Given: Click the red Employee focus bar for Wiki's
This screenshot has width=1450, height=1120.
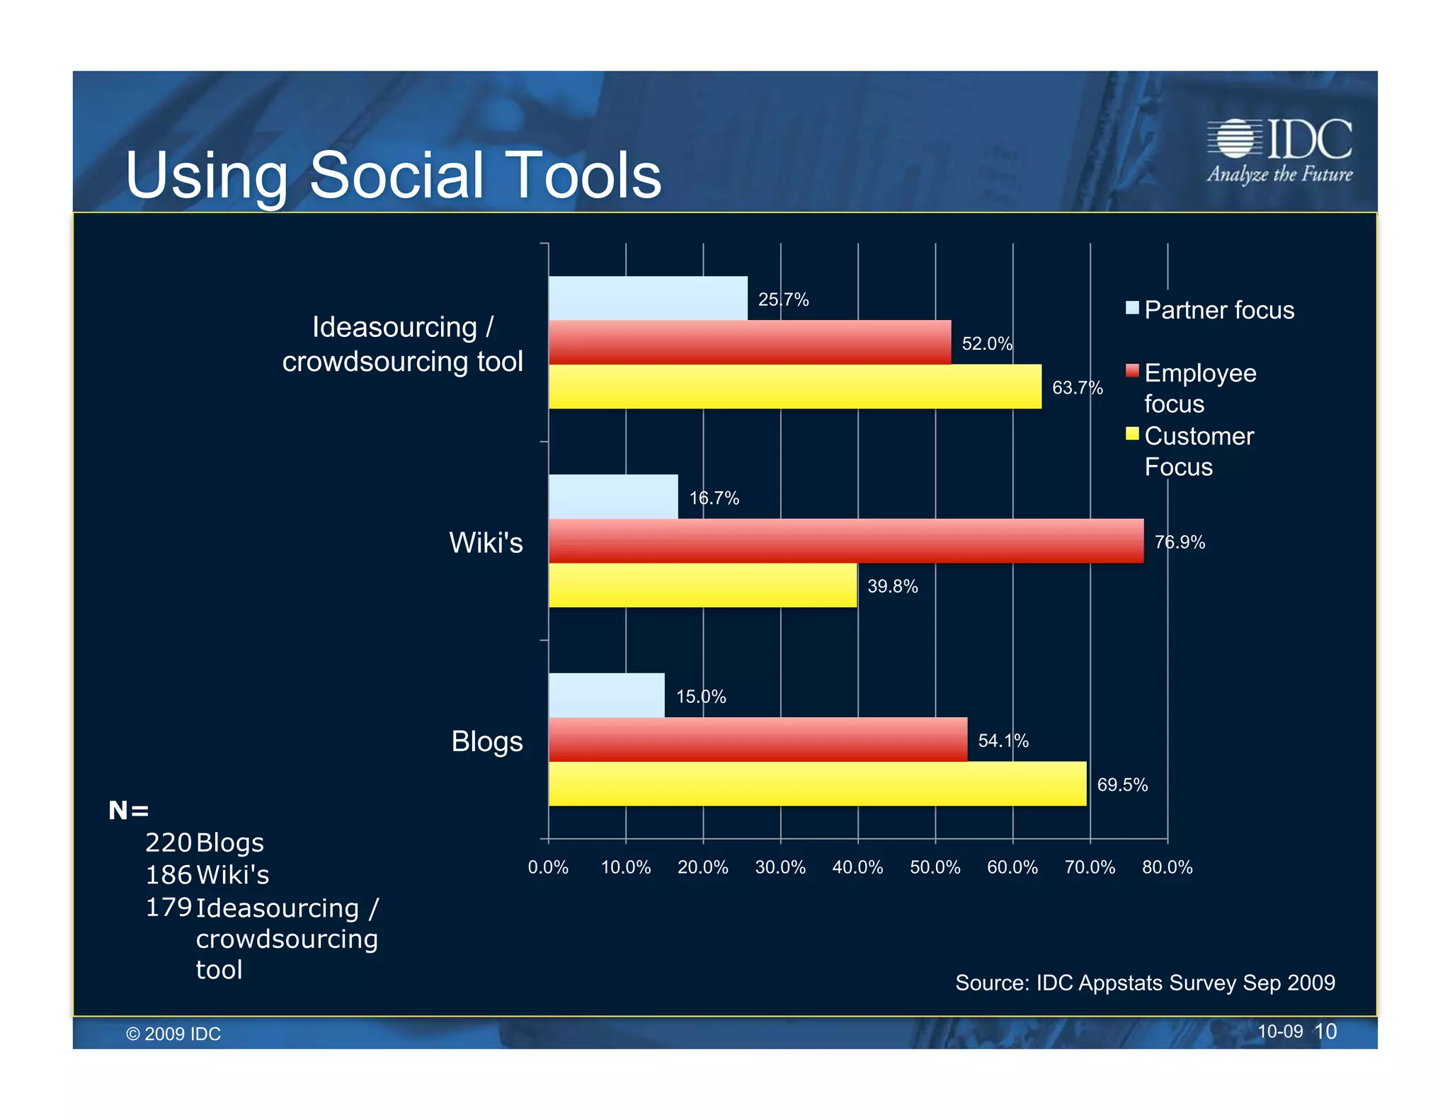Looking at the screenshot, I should [845, 541].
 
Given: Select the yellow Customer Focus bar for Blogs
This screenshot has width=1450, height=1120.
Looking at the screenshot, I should [817, 783].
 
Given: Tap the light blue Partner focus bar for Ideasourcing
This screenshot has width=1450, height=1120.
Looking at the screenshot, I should [647, 298].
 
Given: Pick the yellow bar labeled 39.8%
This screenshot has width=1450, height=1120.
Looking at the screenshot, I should [702, 585].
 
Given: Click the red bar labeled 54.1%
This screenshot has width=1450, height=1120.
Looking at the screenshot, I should [758, 739].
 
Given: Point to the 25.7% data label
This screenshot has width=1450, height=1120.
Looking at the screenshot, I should [783, 299].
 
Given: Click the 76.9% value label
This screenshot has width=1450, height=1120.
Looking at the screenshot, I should [1180, 542].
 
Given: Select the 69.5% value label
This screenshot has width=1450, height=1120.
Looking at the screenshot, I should [1122, 784].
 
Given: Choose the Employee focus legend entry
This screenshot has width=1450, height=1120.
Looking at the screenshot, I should [1200, 387].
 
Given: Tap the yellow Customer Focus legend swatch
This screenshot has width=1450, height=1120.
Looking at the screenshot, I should [1132, 434].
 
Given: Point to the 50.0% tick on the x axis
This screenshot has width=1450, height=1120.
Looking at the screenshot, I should [935, 867].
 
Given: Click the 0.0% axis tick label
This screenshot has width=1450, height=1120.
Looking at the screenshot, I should [548, 867].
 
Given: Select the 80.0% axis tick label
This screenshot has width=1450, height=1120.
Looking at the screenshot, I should [1167, 867].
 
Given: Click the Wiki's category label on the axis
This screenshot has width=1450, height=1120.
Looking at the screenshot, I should [486, 543].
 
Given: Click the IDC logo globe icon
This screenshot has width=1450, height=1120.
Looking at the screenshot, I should [1235, 138].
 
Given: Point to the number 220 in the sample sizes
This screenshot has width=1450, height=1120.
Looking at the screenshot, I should [169, 842].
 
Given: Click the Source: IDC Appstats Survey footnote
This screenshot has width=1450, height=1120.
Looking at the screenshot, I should [1145, 983].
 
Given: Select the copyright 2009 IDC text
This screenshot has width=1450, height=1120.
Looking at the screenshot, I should [173, 1034].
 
